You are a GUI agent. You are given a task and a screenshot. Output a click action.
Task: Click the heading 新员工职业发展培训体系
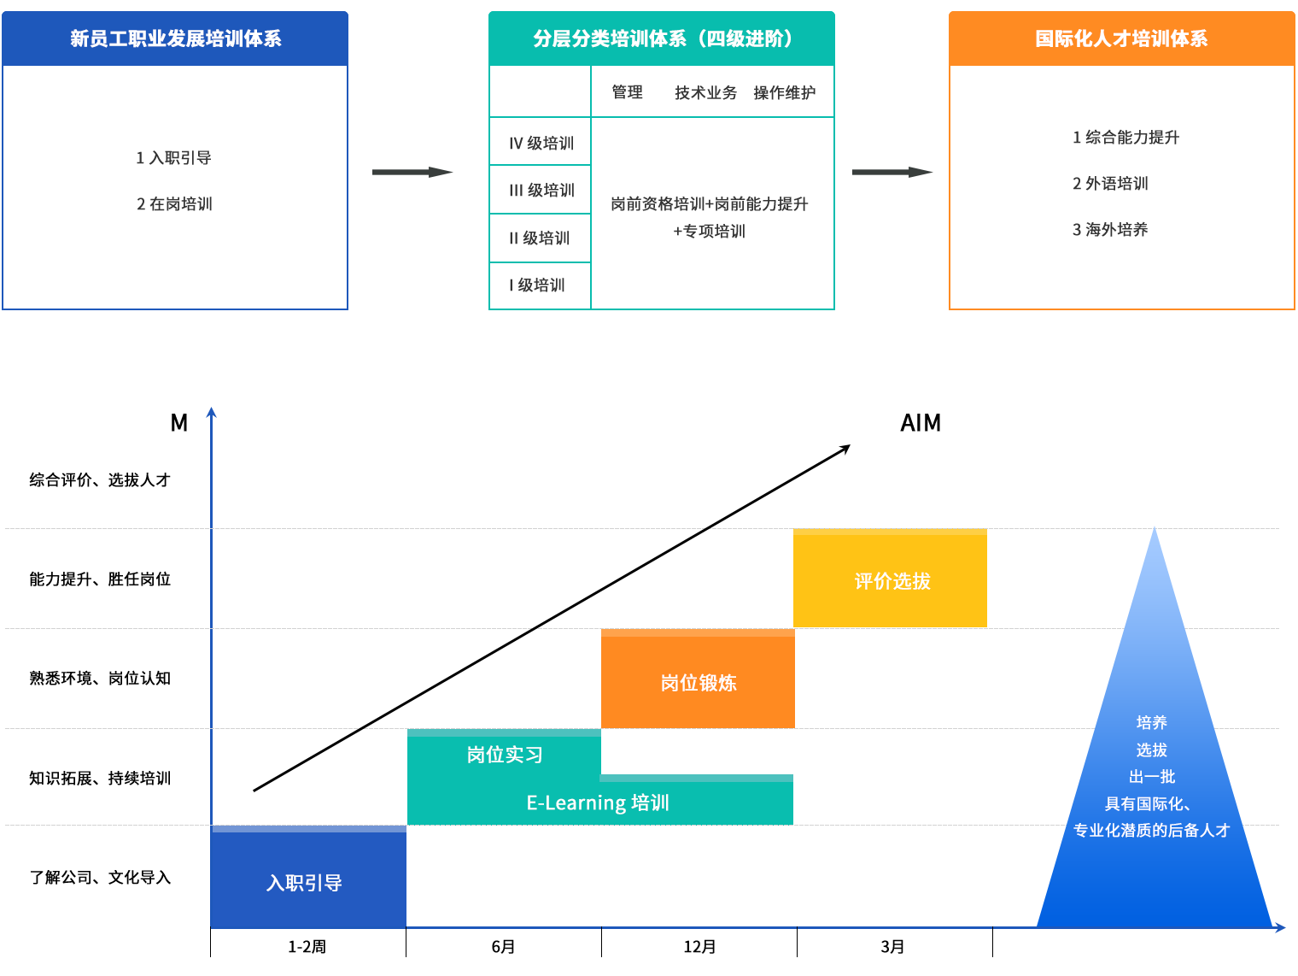175,38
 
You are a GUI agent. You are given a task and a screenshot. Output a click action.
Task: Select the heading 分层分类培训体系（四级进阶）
663,38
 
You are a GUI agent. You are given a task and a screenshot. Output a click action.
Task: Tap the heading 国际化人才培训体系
1121,38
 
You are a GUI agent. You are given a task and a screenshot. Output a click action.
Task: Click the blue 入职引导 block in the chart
305,882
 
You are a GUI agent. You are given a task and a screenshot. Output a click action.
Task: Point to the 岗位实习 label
505,755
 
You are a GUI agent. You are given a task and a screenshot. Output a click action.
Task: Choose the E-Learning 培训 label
598,803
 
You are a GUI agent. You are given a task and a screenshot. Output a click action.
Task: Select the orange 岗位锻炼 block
698,682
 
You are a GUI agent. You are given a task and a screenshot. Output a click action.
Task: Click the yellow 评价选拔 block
892,581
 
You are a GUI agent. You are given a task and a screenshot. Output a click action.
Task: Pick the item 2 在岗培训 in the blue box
174,204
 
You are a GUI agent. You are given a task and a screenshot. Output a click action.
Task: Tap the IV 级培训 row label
541,144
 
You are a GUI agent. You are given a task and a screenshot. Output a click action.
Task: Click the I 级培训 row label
537,285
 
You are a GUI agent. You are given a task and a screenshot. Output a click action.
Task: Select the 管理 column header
627,92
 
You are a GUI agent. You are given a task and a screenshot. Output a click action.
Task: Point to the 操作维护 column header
784,92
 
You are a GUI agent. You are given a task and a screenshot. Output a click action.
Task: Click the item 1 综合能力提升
1126,137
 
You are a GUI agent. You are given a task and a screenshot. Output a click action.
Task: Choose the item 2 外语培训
1110,184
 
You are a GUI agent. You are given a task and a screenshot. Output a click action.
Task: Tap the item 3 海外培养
1110,229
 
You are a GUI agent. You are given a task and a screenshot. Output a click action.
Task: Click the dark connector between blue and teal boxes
412,173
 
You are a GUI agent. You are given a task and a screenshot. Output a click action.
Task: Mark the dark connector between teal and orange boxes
892,173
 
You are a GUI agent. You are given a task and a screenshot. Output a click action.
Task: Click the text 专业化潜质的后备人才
1151,830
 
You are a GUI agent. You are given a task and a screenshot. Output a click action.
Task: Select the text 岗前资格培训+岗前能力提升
710,204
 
